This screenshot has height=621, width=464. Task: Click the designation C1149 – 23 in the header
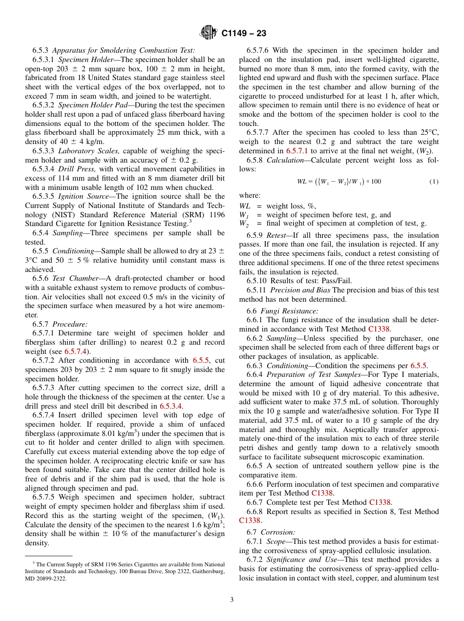244,34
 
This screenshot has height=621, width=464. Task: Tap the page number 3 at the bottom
232,600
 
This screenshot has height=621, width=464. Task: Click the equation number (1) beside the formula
434,182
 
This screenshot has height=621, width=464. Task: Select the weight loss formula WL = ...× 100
338,182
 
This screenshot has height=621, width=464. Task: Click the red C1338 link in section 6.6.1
379,329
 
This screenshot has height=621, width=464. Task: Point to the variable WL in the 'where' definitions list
244,206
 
